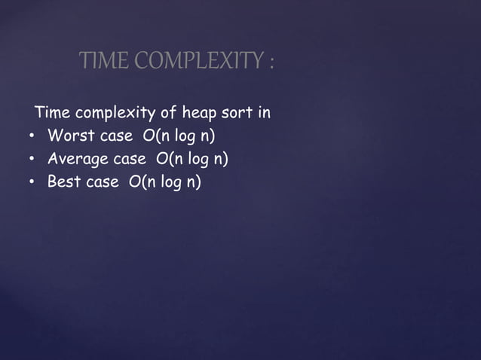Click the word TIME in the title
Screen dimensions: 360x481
pos(100,62)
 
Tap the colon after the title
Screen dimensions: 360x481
pos(271,63)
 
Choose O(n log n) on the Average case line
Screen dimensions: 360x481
pos(192,160)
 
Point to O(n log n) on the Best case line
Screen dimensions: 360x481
pos(165,182)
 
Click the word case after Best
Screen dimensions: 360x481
pos(103,182)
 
